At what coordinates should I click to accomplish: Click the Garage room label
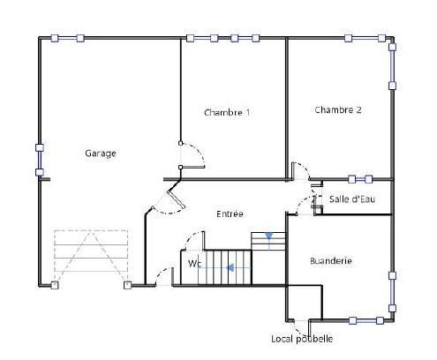coord(100,154)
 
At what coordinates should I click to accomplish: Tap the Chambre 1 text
coord(227,112)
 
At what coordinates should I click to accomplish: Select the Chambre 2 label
coord(337,110)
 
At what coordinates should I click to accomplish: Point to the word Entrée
coord(230,214)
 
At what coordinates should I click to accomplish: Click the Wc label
coord(194,263)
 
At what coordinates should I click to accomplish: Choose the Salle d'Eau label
coord(351,199)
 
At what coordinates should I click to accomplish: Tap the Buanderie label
coord(331,261)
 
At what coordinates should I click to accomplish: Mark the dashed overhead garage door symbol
coord(91,257)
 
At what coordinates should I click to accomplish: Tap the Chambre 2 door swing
coord(303,172)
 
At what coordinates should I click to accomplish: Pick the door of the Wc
coord(162,276)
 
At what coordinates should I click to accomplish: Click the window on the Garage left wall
coord(39,160)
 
